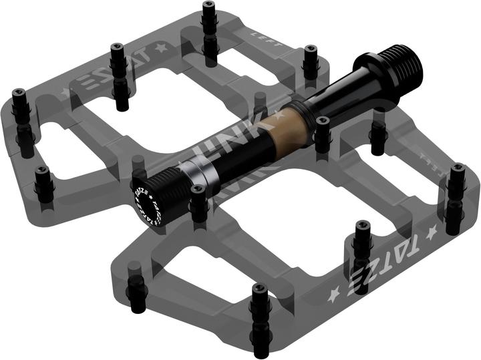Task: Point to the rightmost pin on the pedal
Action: pyautogui.click(x=456, y=190)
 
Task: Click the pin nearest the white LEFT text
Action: pyautogui.click(x=310, y=61)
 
